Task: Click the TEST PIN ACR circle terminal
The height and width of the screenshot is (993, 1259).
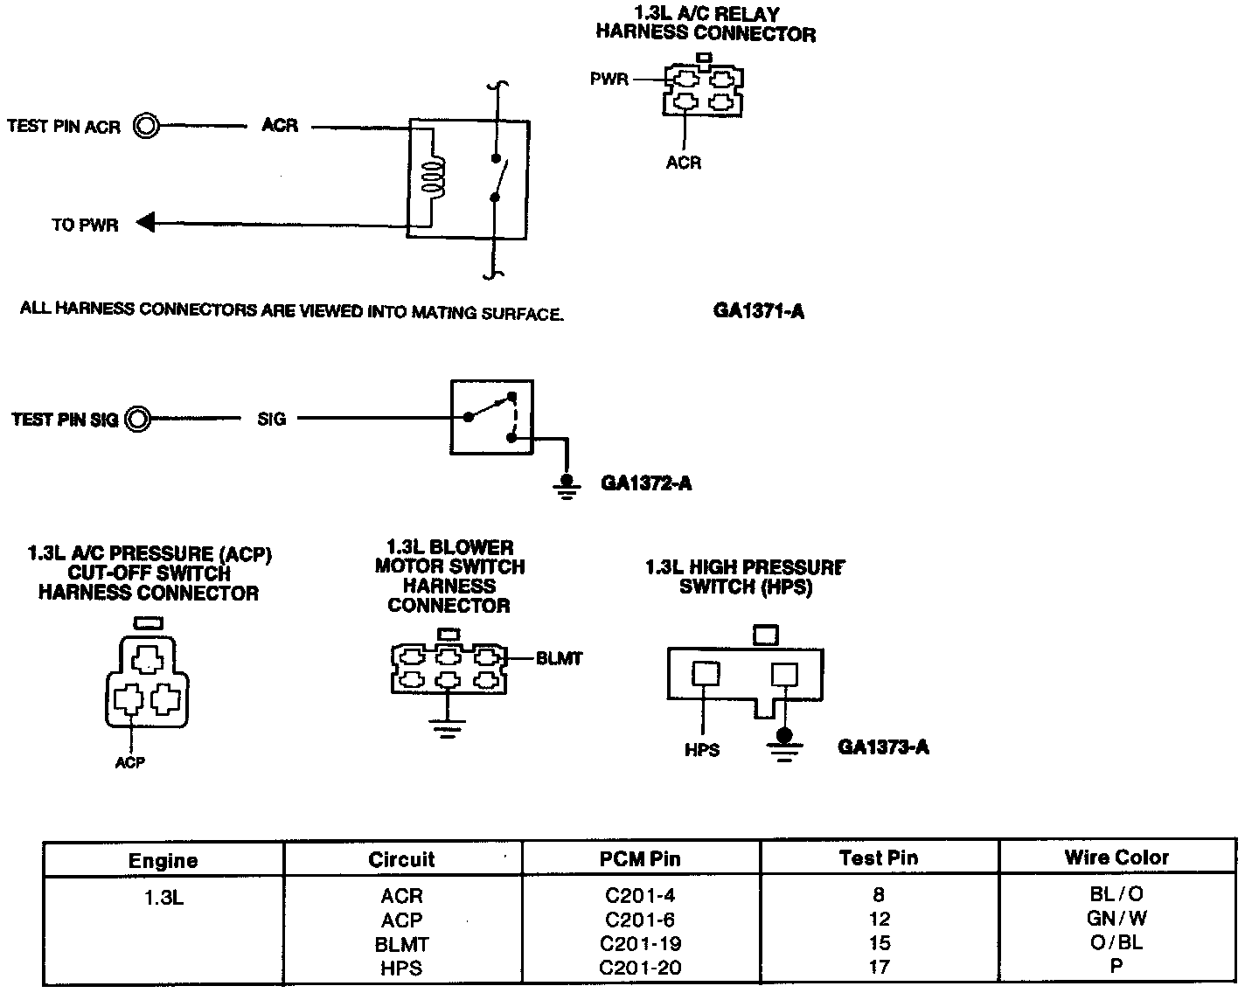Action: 146,127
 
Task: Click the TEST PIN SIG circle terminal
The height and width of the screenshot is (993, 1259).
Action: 137,420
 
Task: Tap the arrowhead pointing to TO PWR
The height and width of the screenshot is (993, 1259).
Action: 146,224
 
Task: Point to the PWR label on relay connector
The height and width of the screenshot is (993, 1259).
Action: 609,80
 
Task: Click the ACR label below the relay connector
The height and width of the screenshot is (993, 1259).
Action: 683,163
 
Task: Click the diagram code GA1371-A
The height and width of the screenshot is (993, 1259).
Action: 758,311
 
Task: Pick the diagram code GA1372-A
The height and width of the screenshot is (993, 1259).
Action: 646,483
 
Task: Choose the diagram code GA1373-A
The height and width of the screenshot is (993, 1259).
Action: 883,746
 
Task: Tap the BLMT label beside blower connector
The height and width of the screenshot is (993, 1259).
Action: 559,658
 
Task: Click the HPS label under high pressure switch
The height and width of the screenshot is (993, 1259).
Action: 702,750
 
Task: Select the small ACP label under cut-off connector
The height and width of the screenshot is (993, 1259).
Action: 129,762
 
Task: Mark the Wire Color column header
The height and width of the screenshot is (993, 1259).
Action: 1116,858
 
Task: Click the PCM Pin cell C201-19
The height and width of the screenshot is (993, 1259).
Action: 641,944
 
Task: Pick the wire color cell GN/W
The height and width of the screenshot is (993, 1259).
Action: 1116,919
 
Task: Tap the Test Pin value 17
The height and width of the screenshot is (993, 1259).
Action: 879,967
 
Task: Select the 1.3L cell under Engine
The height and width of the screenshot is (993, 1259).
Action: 163,897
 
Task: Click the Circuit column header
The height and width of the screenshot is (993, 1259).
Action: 401,859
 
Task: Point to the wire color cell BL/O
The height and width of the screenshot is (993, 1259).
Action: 1116,894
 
